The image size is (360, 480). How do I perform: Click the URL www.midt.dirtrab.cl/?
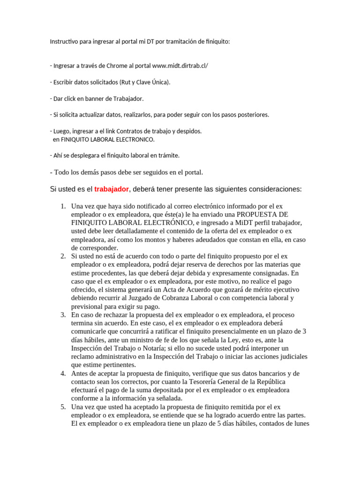(180, 66)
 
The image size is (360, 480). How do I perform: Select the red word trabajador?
(112, 189)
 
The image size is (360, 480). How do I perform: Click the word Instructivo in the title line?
(65, 42)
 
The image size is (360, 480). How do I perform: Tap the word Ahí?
(59, 155)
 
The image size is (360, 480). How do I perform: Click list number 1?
(63, 206)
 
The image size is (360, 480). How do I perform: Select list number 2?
(63, 256)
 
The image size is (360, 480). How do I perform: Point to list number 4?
(63, 373)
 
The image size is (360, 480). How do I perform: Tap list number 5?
(63, 407)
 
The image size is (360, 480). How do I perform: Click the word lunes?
(298, 424)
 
